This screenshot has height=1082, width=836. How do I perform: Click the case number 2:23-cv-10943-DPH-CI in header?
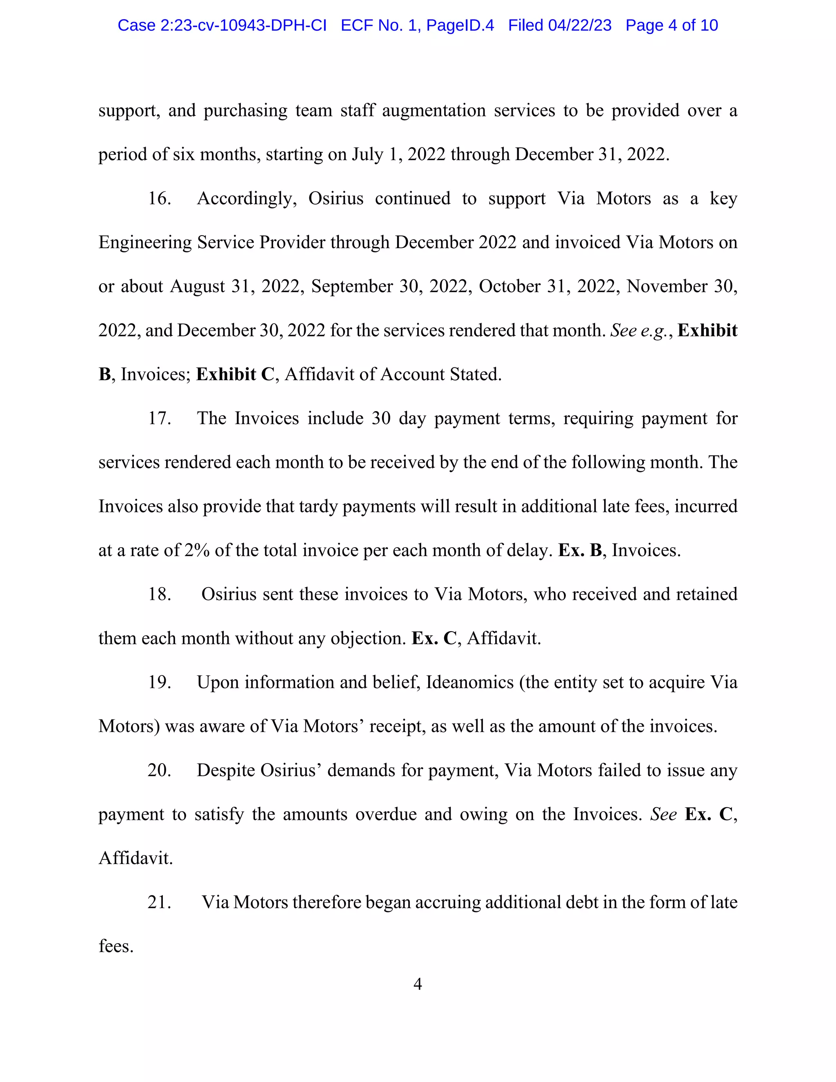pos(243,25)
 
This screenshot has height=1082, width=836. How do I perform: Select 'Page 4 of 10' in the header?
pos(671,25)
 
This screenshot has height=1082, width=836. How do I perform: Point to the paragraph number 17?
pos(160,419)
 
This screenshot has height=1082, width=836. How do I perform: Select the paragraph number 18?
pos(160,594)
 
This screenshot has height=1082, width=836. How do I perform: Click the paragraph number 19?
pos(160,683)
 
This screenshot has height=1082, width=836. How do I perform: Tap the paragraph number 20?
pos(160,770)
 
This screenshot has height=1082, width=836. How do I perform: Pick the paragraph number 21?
pos(160,902)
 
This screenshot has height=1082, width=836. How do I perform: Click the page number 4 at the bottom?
pos(418,984)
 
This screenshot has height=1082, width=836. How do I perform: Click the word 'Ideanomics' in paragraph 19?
pos(469,683)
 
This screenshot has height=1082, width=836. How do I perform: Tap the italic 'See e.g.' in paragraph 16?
pos(638,330)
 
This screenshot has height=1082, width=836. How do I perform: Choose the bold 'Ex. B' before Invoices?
pos(580,550)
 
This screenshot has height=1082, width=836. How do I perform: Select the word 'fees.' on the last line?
pos(116,946)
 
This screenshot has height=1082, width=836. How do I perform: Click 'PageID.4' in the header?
pos(460,25)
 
